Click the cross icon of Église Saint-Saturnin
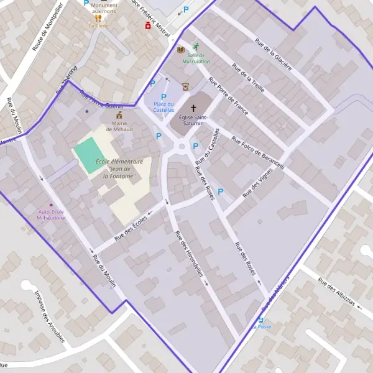pyautogui.click(x=193, y=108)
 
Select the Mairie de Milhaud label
pyautogui.click(x=119, y=126)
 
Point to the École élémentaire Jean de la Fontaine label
pyautogui.click(x=120, y=168)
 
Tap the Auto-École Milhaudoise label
pyautogui.click(x=52, y=215)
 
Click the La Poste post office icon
pyautogui.click(x=261, y=320)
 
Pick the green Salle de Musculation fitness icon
pyautogui.click(x=196, y=47)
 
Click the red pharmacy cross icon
pyautogui.click(x=147, y=26)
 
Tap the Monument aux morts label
pyautogui.click(x=104, y=8)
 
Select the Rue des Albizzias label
pyautogui.click(x=336, y=292)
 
